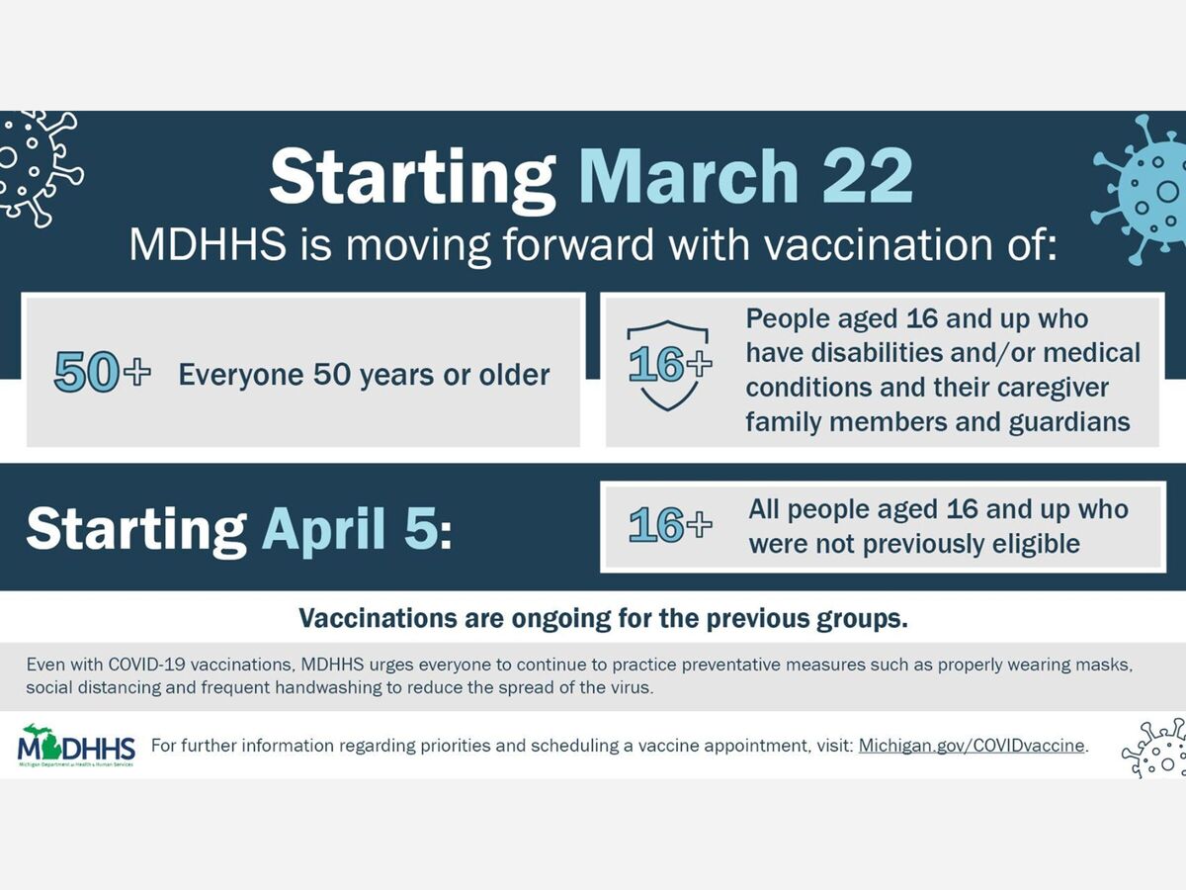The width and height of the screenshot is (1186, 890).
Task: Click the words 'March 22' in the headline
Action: [x=745, y=177]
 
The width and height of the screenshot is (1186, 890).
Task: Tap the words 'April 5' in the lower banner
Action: [x=350, y=528]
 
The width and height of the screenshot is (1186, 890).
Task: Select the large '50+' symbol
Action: [x=102, y=372]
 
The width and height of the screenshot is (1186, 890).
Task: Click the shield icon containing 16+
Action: [x=668, y=365]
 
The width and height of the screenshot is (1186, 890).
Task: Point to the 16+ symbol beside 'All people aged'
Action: [x=670, y=524]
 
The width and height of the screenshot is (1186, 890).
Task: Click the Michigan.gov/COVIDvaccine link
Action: [x=972, y=746]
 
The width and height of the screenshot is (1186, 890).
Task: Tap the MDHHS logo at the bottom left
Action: [x=76, y=746]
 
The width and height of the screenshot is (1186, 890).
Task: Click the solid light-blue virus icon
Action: [x=1141, y=189]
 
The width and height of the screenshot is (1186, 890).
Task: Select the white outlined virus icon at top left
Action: [x=38, y=167]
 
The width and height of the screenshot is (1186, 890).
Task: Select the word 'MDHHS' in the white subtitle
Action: [x=208, y=244]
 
